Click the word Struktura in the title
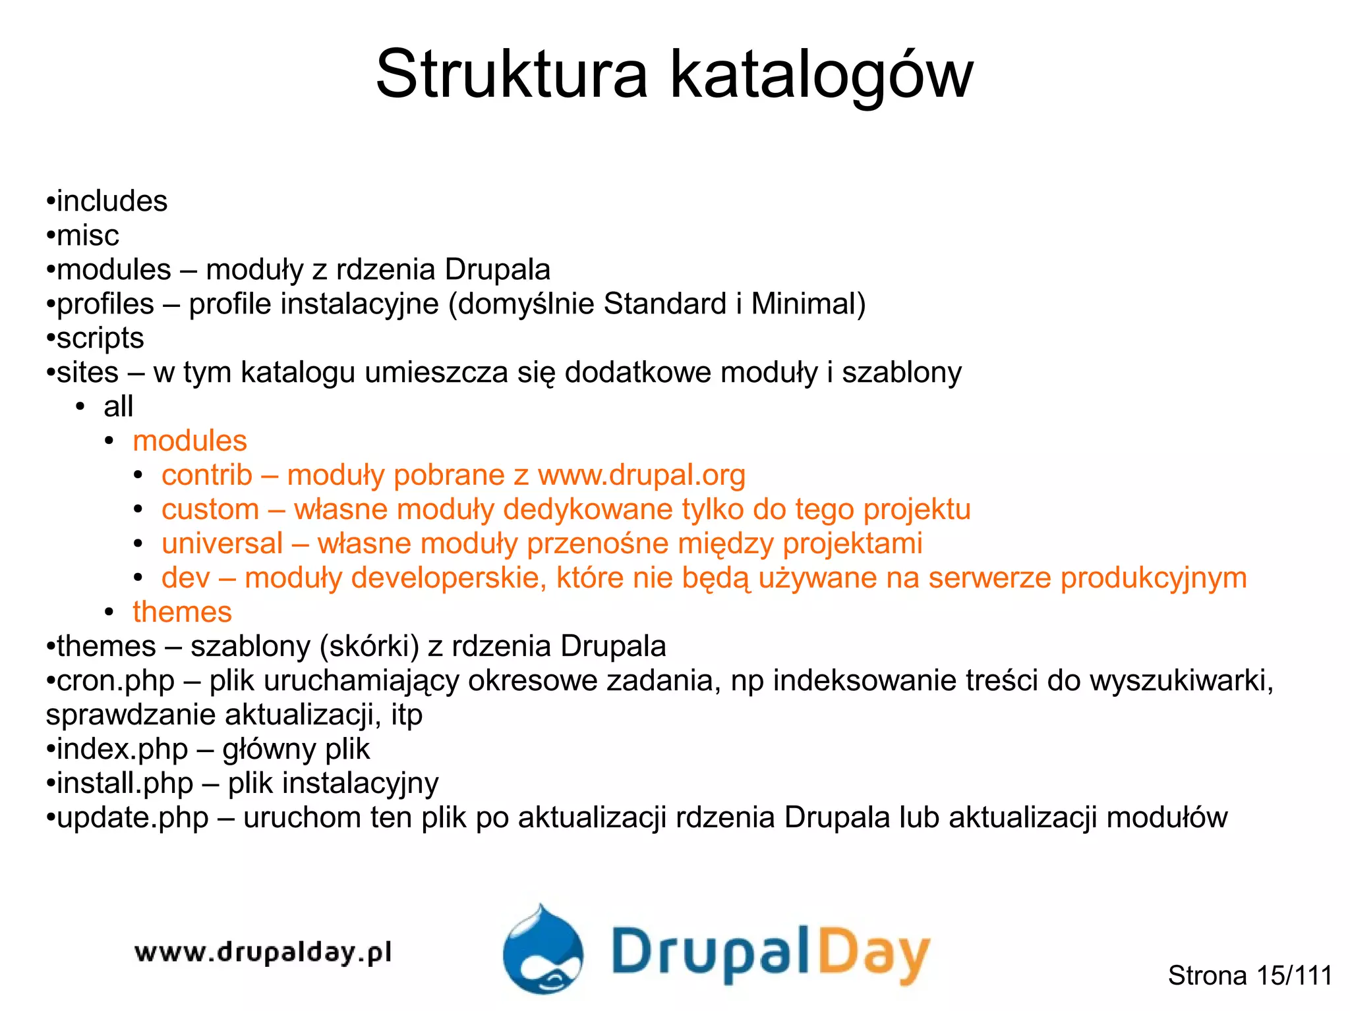pyautogui.click(x=512, y=74)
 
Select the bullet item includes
pyautogui.click(x=111, y=201)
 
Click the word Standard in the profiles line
pyautogui.click(x=665, y=304)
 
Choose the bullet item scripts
pyautogui.click(x=100, y=338)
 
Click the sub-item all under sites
pyautogui.click(x=118, y=406)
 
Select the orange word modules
pyautogui.click(x=190, y=441)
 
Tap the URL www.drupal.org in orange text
pyautogui.click(x=641, y=475)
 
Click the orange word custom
pyautogui.click(x=210, y=509)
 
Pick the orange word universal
pyautogui.click(x=222, y=543)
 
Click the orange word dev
pyautogui.click(x=185, y=578)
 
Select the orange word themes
pyautogui.click(x=182, y=612)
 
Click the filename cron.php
pyautogui.click(x=115, y=680)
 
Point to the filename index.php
pyautogui.click(x=122, y=749)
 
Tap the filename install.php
pyautogui.click(x=125, y=783)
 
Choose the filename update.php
pyautogui.click(x=132, y=817)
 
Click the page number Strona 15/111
pyautogui.click(x=1250, y=975)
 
